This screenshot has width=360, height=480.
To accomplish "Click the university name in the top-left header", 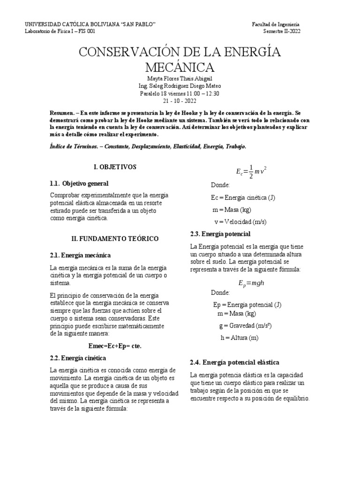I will coord(90,24).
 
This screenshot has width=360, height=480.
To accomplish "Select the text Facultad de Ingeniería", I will coord(276,24).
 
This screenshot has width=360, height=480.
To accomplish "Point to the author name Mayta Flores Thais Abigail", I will coord(180,79).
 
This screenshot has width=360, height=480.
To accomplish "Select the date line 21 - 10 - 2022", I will coord(180,101).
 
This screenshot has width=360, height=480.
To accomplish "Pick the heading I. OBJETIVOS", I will coord(115,166).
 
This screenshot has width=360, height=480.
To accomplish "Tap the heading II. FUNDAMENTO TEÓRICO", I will coord(115,239).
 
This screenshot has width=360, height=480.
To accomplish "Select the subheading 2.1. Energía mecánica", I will coord(80,255).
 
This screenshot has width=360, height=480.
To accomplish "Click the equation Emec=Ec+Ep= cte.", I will coord(115,346).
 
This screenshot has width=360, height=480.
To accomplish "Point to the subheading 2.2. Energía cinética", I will coord(77,358).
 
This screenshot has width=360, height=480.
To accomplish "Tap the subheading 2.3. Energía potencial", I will coord(220,234).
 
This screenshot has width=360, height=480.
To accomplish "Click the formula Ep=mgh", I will coord(252,283).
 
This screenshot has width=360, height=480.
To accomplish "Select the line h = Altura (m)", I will coord(240,337).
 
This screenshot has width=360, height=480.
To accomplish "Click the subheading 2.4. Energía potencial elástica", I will coord(234,362).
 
